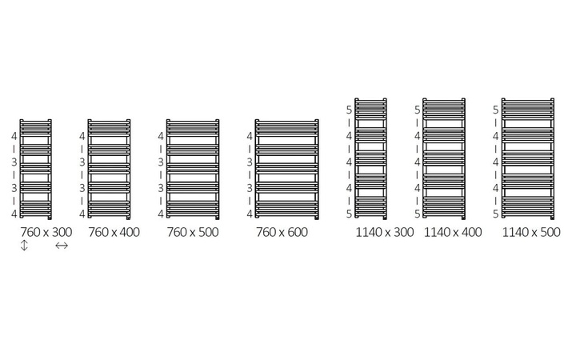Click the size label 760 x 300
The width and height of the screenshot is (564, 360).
click(x=46, y=232)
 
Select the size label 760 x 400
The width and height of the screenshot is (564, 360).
click(x=113, y=232)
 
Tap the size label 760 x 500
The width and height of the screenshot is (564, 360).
click(x=192, y=232)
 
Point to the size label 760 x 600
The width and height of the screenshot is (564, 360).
click(x=282, y=232)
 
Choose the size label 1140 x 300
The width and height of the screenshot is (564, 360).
click(x=384, y=232)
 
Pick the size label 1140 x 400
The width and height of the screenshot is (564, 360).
click(x=453, y=232)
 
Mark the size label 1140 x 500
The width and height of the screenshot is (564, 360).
click(x=531, y=232)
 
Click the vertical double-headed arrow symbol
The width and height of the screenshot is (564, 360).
click(x=24, y=246)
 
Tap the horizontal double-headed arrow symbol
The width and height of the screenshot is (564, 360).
click(x=62, y=246)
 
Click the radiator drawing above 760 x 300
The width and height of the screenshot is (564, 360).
click(x=36, y=170)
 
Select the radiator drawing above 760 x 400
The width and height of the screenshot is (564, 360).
click(x=109, y=170)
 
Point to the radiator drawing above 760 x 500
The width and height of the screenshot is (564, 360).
click(x=192, y=170)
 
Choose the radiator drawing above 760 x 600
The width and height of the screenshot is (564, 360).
click(x=286, y=170)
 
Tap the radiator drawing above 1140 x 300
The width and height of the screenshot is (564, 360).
click(x=371, y=158)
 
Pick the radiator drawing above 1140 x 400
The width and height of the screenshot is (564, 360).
click(x=444, y=158)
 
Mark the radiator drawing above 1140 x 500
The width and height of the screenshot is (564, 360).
click(x=528, y=158)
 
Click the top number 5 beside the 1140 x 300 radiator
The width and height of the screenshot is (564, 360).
click(x=349, y=110)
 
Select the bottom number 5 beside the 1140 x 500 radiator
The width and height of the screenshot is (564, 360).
click(x=496, y=214)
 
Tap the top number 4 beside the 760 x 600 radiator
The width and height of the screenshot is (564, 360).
click(x=250, y=136)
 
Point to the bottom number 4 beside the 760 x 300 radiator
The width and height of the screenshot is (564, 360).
click(x=14, y=214)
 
